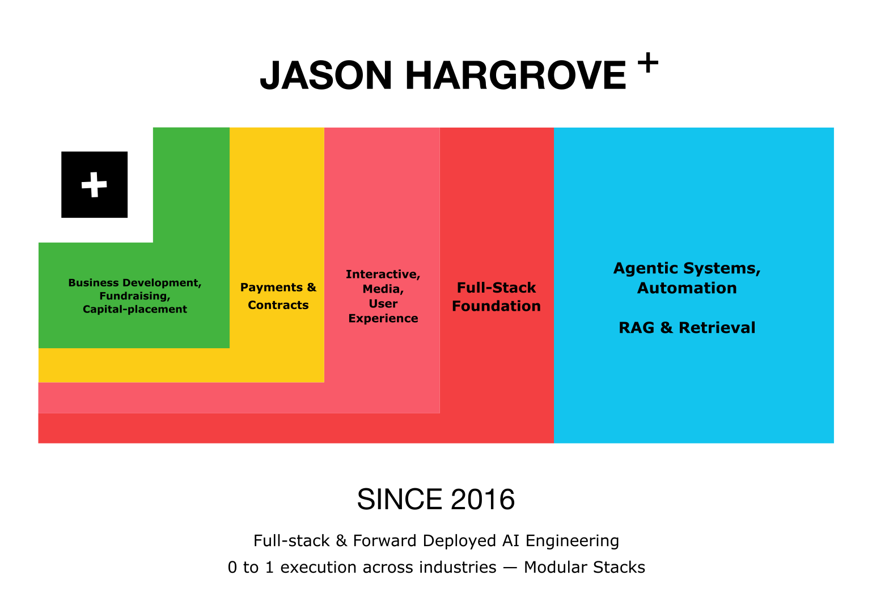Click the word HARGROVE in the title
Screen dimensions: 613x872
[515, 75]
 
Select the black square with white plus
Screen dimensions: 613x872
[95, 185]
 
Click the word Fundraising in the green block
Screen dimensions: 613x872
[134, 296]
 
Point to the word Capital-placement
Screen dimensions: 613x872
[135, 309]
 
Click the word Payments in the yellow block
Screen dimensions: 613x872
[272, 288]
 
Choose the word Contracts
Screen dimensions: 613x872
[278, 305]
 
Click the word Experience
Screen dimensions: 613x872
[383, 319]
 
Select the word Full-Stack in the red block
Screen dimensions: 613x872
[496, 288]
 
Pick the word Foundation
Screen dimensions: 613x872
[496, 306]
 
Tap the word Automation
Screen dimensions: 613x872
[687, 288]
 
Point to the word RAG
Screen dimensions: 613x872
[636, 328]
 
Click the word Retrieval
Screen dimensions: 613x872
[717, 328]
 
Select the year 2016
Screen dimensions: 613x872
[482, 500]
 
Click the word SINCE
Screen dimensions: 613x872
[399, 500]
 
